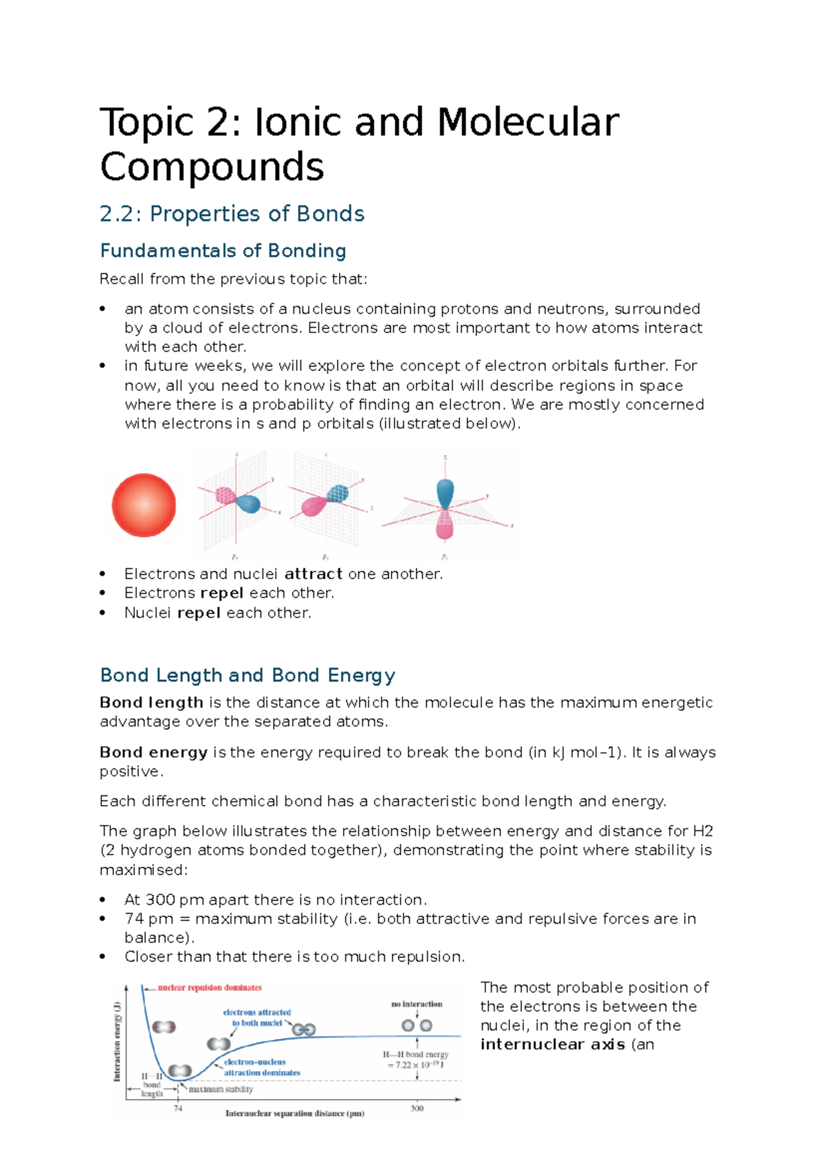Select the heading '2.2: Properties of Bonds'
pyautogui.click(x=232, y=214)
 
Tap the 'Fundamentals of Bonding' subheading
pyautogui.click(x=223, y=251)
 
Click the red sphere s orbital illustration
pyautogui.click(x=144, y=505)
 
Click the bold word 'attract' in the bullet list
pyautogui.click(x=313, y=574)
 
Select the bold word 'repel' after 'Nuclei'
pyautogui.click(x=199, y=613)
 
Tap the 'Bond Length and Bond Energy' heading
pyautogui.click(x=247, y=675)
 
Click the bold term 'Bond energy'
pyautogui.click(x=153, y=752)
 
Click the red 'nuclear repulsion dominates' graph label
pyautogui.click(x=210, y=988)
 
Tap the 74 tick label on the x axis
pyautogui.click(x=178, y=1109)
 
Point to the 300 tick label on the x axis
pyautogui.click(x=417, y=1108)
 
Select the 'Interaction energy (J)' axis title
pyautogui.click(x=118, y=1041)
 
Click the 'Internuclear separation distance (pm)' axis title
pyautogui.click(x=294, y=1113)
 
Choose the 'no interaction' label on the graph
pyautogui.click(x=417, y=1004)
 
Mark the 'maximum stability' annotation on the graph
pyautogui.click(x=221, y=1089)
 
